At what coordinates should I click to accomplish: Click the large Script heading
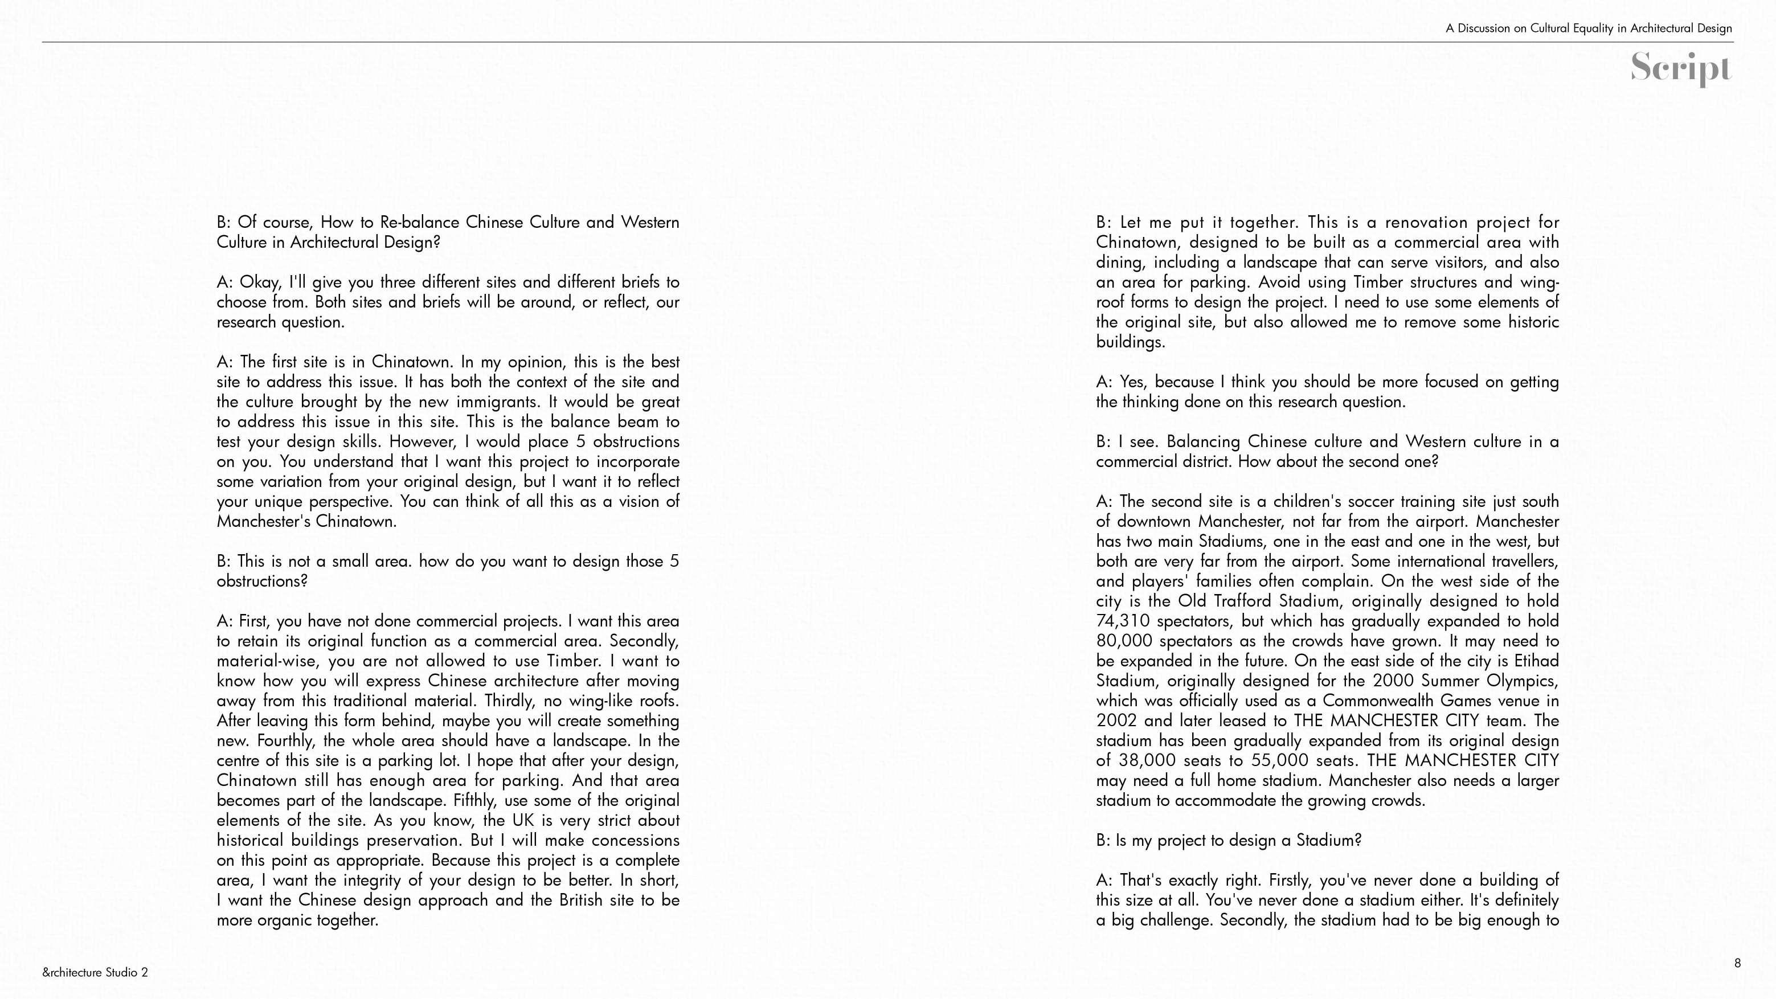(1680, 68)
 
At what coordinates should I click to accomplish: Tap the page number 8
(1737, 963)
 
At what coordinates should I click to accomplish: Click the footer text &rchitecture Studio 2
(95, 973)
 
